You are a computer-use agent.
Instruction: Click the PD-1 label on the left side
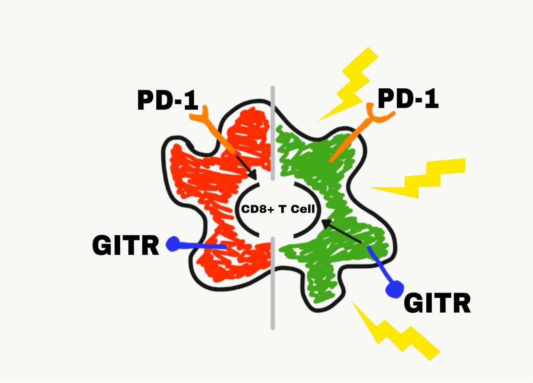click(168, 100)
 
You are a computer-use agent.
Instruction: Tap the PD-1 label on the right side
click(408, 99)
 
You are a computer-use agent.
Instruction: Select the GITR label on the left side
click(125, 245)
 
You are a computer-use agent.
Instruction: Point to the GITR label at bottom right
click(437, 303)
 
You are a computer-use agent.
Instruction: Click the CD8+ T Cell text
click(278, 209)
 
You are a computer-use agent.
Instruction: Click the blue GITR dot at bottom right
click(394, 289)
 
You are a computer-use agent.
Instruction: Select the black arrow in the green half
click(342, 231)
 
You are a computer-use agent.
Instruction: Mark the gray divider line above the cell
click(273, 133)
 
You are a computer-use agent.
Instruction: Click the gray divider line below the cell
click(273, 284)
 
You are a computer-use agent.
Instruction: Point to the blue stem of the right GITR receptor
click(379, 265)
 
